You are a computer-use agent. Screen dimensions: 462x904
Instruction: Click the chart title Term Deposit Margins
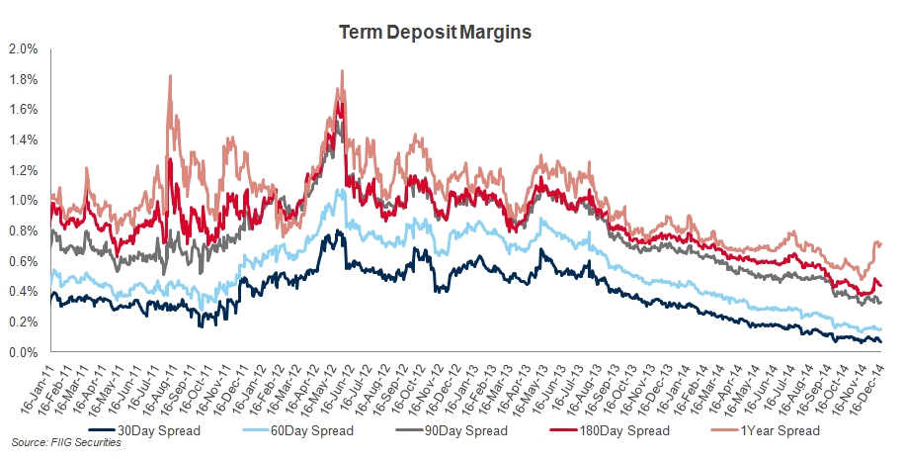pyautogui.click(x=436, y=33)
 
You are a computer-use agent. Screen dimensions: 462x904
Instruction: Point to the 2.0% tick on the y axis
pyautogui.click(x=23, y=48)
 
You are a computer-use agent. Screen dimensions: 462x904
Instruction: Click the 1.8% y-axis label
pyautogui.click(x=23, y=79)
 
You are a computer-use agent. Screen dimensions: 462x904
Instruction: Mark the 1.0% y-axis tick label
pyautogui.click(x=23, y=201)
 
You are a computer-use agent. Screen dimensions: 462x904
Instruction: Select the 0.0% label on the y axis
pyautogui.click(x=23, y=352)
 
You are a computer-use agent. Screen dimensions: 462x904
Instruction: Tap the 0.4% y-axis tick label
pyautogui.click(x=23, y=292)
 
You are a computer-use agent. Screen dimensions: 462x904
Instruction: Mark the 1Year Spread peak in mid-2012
pyautogui.click(x=342, y=71)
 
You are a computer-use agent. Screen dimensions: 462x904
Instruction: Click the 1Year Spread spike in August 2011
pyautogui.click(x=170, y=75)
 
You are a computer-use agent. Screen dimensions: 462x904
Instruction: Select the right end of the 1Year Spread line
pyautogui.click(x=881, y=243)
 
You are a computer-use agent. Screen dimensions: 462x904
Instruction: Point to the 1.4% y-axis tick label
pyautogui.click(x=23, y=139)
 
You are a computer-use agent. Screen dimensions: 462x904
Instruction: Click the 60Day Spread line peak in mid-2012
pyautogui.click(x=342, y=190)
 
